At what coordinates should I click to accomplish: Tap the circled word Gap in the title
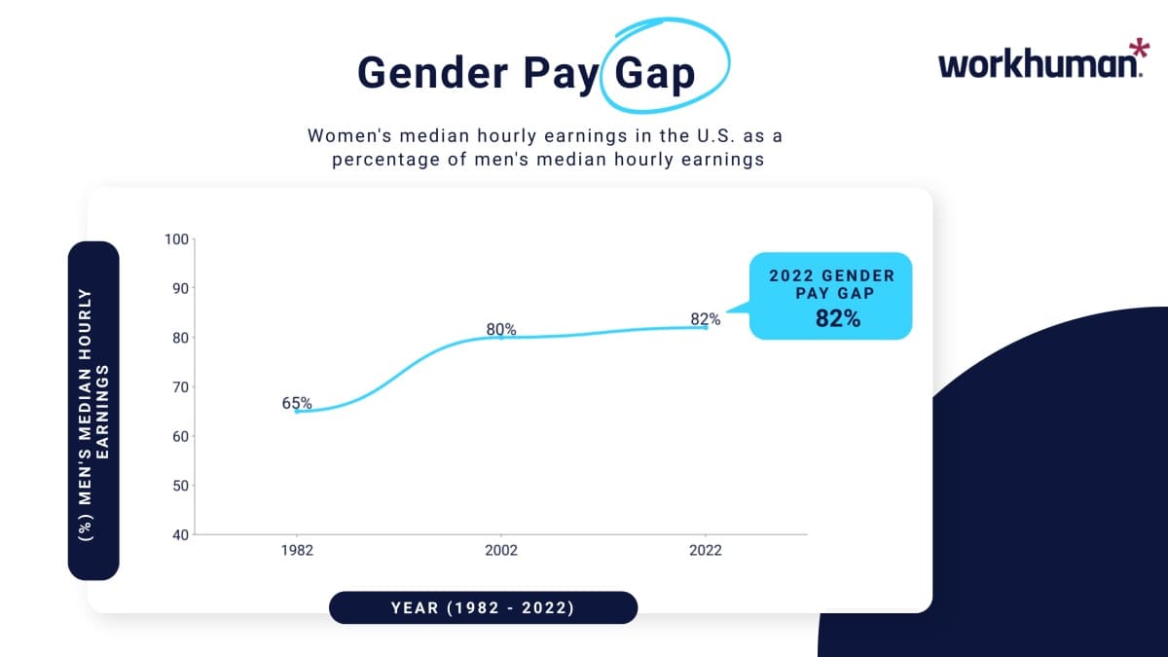(655, 73)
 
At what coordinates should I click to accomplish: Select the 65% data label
(297, 402)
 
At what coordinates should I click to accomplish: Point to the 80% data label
(501, 329)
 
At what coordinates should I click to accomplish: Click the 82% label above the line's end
(706, 318)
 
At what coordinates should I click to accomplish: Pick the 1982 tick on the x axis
(297, 550)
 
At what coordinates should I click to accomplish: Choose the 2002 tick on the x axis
(501, 550)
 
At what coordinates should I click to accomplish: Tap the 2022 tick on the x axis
(706, 550)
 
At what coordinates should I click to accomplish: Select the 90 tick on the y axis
(177, 288)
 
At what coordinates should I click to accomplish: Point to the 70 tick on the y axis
(177, 386)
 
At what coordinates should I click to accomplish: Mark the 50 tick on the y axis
(177, 486)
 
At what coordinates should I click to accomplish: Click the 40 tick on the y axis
(177, 534)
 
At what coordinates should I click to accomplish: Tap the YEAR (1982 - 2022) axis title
(483, 608)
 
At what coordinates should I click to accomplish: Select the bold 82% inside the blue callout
(838, 318)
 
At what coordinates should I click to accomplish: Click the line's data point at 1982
(297, 411)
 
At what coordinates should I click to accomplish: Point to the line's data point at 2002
(501, 337)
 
